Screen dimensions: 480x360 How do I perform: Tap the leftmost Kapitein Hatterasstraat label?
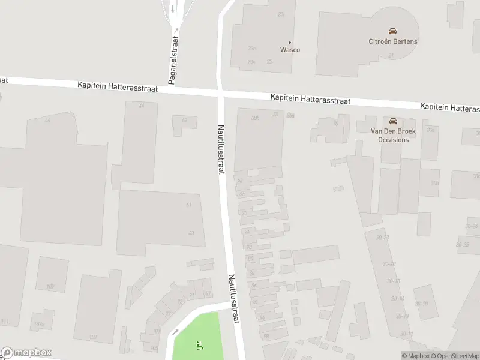118,88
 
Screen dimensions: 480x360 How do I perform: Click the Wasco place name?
290,50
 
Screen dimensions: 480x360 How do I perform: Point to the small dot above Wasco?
290,42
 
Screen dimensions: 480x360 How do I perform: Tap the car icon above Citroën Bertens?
392,31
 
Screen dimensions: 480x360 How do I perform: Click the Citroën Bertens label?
392,41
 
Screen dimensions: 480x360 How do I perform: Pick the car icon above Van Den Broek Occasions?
394,121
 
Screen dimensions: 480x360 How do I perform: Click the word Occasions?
393,140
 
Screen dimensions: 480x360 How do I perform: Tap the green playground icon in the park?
199,344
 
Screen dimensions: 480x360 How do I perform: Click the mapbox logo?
26,353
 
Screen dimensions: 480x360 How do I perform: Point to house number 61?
189,205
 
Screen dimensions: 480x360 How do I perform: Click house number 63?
191,233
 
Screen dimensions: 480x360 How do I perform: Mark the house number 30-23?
383,238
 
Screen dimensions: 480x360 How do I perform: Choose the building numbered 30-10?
421,304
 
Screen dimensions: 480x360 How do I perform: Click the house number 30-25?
463,245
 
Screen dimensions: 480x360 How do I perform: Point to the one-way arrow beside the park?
175,331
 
